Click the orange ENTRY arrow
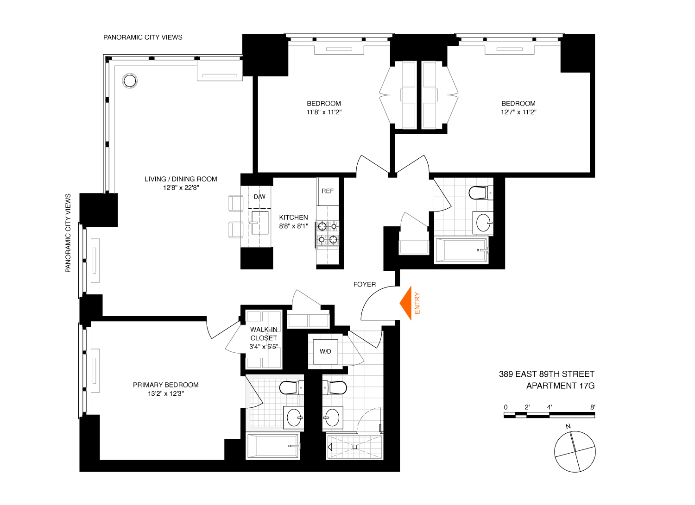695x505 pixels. tap(407, 303)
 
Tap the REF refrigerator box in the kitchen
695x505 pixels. tap(328, 191)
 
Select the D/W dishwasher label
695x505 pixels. tap(259, 197)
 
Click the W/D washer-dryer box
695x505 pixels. tap(325, 351)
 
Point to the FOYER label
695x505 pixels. tap(365, 284)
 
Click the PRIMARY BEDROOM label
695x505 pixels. tap(165, 385)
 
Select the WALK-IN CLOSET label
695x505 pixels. tap(264, 334)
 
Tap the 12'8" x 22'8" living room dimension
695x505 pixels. tap(181, 187)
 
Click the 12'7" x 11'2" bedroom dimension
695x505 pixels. tap(518, 112)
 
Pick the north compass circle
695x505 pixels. tap(575, 452)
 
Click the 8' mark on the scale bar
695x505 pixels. tap(593, 407)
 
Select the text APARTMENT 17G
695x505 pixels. tap(560, 386)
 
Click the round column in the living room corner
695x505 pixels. tap(130, 81)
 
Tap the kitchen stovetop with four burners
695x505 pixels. tap(328, 233)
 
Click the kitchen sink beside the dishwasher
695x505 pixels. tap(260, 223)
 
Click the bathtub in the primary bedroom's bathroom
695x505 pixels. tap(273, 446)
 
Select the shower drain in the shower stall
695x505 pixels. tap(354, 447)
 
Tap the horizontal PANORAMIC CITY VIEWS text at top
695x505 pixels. tap(143, 37)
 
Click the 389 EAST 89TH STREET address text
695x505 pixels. tap(546, 374)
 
